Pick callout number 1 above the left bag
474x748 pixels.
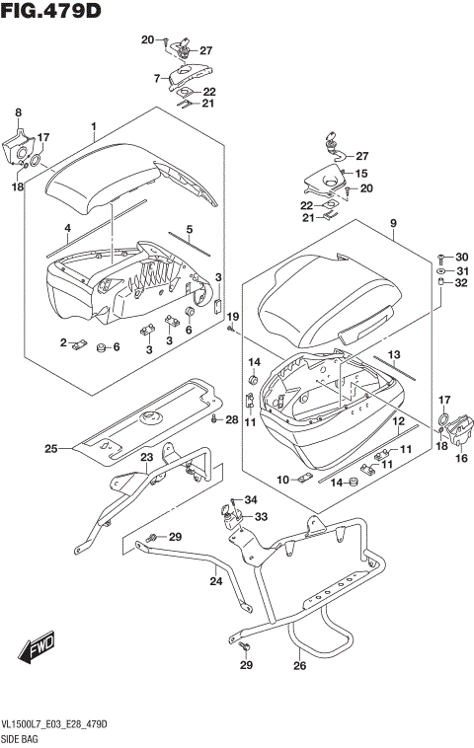(93, 126)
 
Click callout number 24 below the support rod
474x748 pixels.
(215, 581)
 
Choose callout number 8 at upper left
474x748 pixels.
(18, 113)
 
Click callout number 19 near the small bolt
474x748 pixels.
(233, 316)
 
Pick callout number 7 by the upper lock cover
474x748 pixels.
(155, 78)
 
